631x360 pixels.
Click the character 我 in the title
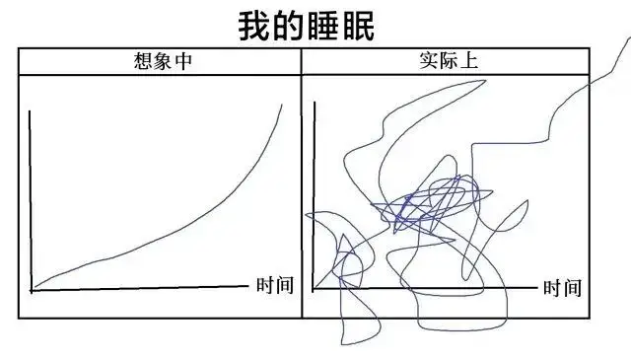(x=253, y=26)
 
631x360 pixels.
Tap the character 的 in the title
(x=288, y=26)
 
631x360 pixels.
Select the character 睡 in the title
(x=323, y=26)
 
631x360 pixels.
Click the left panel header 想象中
(x=163, y=61)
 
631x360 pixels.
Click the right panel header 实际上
(x=449, y=61)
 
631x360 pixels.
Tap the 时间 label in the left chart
(x=275, y=285)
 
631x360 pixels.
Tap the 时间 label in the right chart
(x=562, y=288)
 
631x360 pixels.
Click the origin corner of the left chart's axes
(x=32, y=290)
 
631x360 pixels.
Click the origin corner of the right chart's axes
(x=314, y=288)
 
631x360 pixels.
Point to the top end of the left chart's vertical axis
(x=30, y=110)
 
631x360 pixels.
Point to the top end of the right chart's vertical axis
(x=315, y=103)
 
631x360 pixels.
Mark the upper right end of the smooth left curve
(x=282, y=105)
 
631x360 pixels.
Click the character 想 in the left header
(x=143, y=61)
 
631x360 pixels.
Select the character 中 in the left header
(x=183, y=61)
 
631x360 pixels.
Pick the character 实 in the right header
(x=429, y=61)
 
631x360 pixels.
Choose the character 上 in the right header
(x=469, y=61)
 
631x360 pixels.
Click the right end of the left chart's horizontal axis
(x=248, y=286)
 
